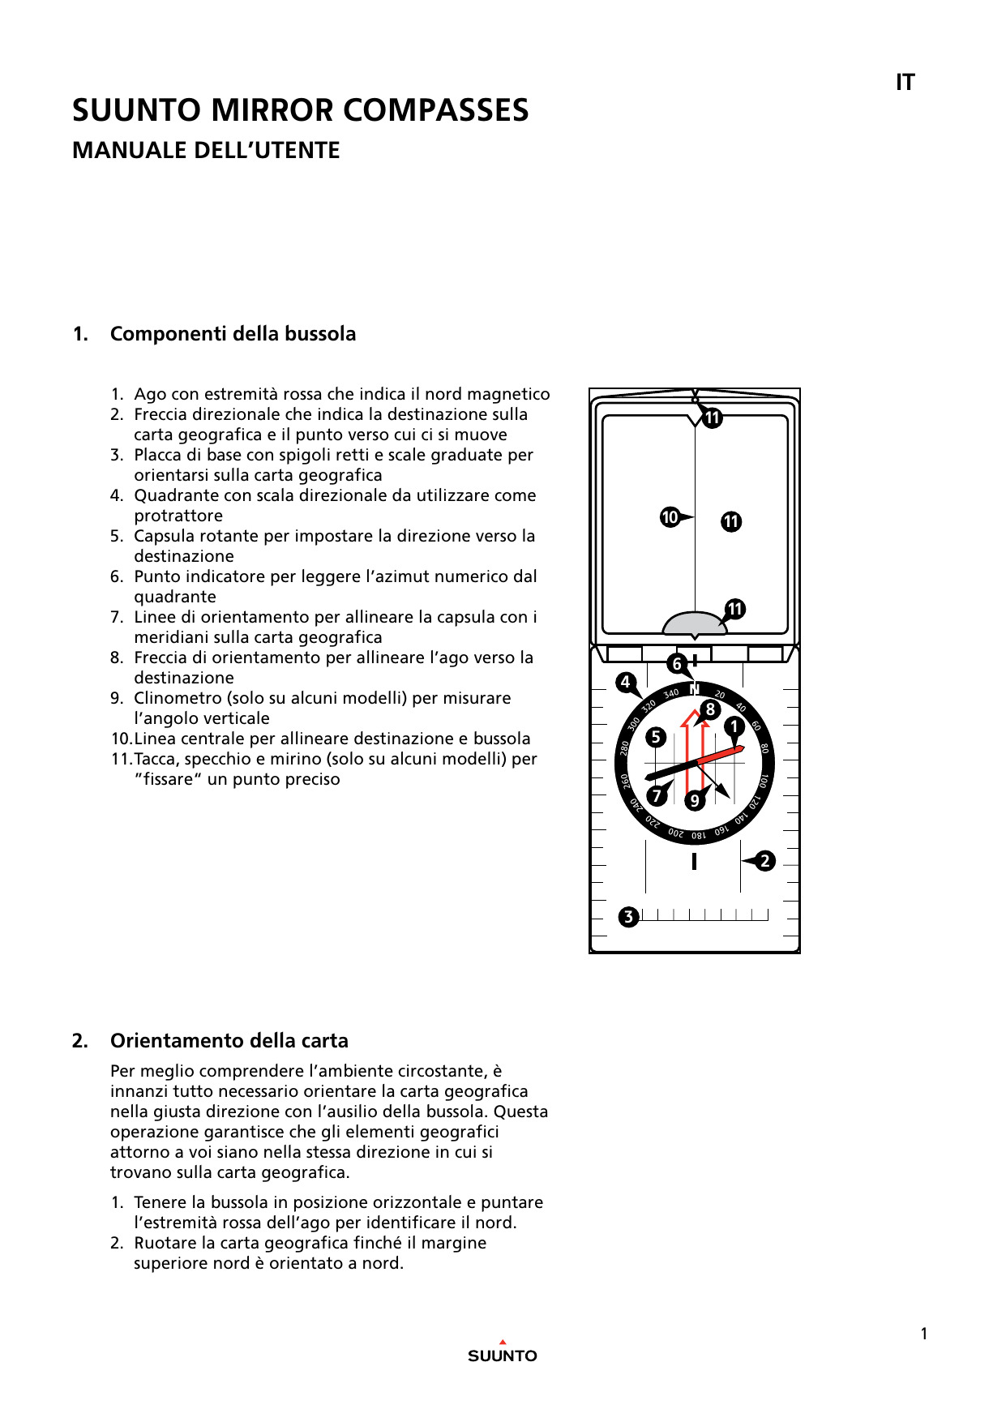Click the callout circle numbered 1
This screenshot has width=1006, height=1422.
coord(734,726)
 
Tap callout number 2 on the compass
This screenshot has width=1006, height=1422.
coord(765,861)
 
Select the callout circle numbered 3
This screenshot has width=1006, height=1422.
coord(628,917)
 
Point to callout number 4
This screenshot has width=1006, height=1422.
coord(625,683)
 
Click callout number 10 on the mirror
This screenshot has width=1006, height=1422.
coord(670,517)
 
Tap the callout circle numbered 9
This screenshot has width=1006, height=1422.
coord(694,801)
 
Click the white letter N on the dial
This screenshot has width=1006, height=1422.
coord(695,690)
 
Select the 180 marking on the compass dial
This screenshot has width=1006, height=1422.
coord(699,835)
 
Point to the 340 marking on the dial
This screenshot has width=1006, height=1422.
coord(671,694)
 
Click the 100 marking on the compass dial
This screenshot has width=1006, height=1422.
coord(764,782)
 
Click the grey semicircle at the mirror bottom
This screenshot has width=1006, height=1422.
coord(695,624)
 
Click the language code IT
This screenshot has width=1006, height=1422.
coord(905,83)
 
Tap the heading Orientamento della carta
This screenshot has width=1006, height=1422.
coord(229,1041)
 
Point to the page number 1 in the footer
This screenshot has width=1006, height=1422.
coord(924,1334)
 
